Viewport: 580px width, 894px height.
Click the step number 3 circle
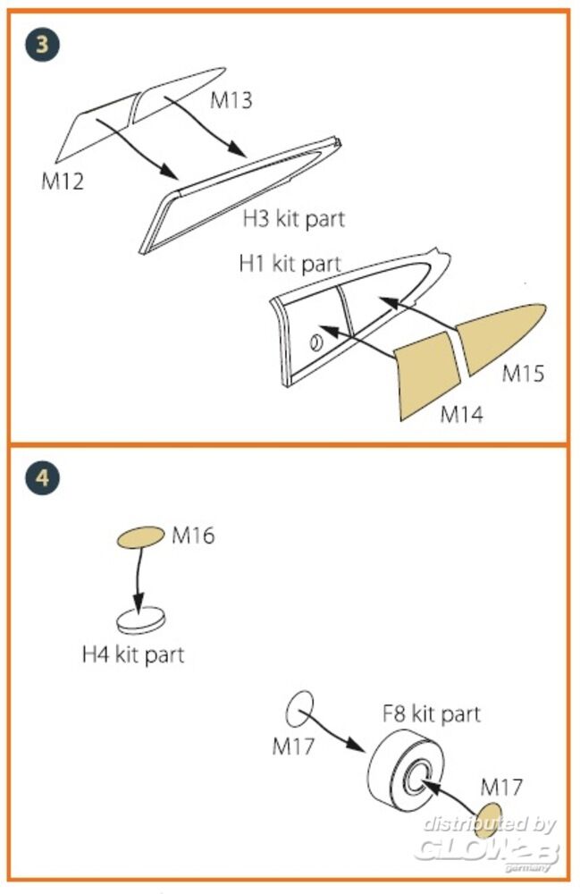pos(42,45)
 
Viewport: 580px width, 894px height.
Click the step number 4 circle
pos(42,477)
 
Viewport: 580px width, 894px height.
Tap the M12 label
pos(63,181)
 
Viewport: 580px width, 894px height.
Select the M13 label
pos(231,100)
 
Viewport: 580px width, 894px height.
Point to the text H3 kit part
pos(293,219)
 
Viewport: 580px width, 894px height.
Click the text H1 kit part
pos(290,264)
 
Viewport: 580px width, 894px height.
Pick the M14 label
pos(461,414)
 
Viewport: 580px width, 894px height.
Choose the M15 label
pos(523,374)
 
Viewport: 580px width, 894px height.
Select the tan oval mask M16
pos(140,537)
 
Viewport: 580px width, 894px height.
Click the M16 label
pos(193,536)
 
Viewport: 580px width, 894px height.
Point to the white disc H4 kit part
pos(141,620)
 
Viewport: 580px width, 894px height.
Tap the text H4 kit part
pos(133,654)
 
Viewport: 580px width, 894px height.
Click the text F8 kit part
pos(432,713)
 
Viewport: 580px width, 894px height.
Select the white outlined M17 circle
pos(299,709)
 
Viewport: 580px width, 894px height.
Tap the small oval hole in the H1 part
pos(315,342)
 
